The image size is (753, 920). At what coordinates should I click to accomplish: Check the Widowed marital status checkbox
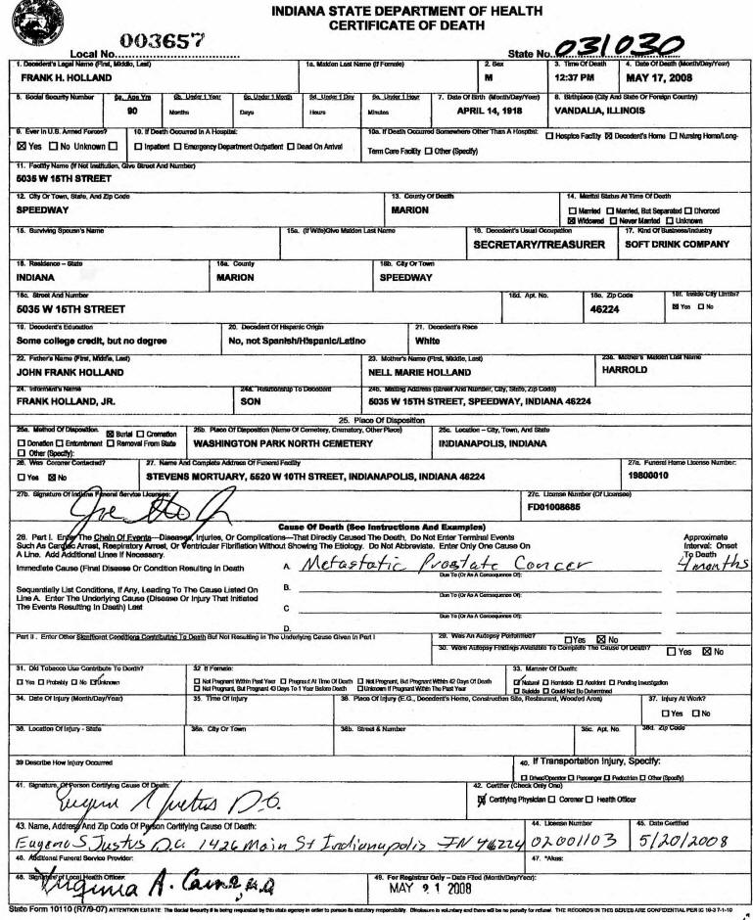point(572,221)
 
